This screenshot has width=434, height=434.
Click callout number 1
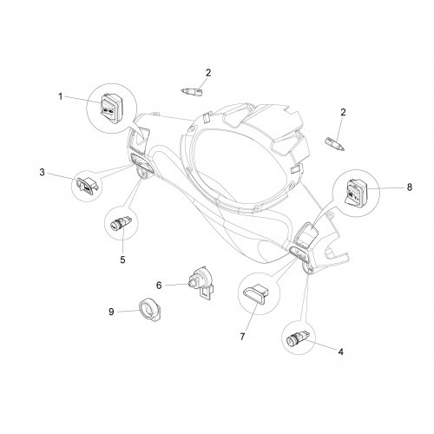[61, 96]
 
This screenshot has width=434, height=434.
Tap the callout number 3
[43, 173]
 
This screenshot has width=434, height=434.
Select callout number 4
[341, 352]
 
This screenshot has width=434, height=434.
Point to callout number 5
[122, 260]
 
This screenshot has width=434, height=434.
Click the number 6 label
[159, 286]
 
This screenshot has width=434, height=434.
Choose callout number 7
[242, 337]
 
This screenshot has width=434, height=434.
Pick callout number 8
[410, 187]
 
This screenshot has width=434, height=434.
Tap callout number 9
[111, 312]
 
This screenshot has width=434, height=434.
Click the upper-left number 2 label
[208, 73]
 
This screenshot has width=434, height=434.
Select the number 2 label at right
[343, 112]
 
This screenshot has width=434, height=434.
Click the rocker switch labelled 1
[110, 108]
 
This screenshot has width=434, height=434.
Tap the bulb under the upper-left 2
[192, 92]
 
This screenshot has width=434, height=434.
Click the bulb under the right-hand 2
[335, 144]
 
